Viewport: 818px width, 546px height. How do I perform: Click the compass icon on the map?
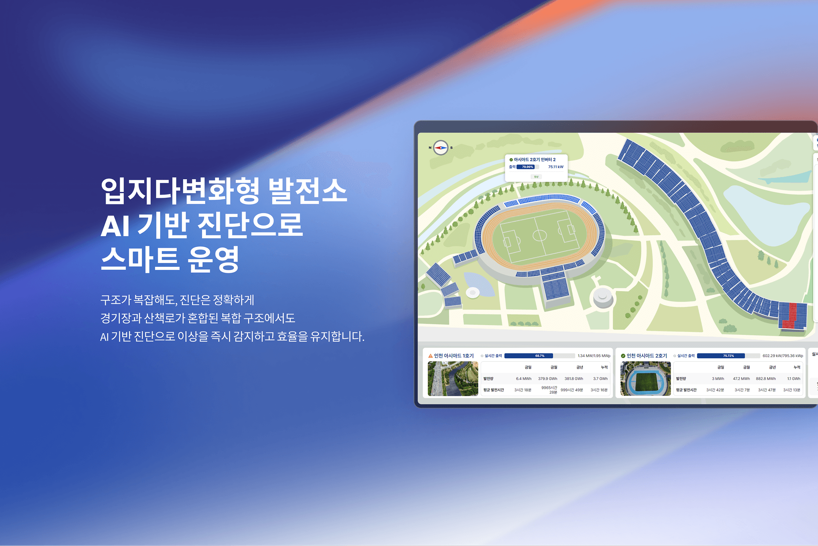click(441, 148)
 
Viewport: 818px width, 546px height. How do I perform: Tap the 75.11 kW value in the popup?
click(556, 167)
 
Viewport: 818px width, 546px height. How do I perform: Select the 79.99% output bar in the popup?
click(527, 167)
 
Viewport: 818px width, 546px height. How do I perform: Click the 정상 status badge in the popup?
click(536, 177)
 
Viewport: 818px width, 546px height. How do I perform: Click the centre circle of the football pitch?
click(540, 235)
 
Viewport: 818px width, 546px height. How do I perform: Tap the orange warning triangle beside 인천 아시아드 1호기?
click(430, 356)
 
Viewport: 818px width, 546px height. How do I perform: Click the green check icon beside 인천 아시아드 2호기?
click(623, 356)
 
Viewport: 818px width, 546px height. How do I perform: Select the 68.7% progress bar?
click(539, 356)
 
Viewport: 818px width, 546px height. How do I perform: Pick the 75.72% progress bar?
click(728, 356)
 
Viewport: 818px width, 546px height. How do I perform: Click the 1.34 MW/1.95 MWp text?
click(594, 356)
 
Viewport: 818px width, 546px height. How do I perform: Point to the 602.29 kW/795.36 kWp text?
click(783, 356)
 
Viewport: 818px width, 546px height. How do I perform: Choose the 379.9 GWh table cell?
click(547, 379)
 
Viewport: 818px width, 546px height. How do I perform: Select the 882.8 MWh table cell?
click(766, 379)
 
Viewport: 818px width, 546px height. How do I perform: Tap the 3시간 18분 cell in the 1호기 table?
click(523, 390)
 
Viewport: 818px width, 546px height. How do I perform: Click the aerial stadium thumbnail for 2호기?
click(645, 378)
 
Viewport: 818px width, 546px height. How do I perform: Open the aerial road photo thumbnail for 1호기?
click(453, 378)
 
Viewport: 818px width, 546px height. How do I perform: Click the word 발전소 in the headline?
click(308, 191)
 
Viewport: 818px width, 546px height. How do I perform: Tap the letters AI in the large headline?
click(115, 226)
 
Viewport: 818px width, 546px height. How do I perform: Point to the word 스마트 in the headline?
click(139, 260)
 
